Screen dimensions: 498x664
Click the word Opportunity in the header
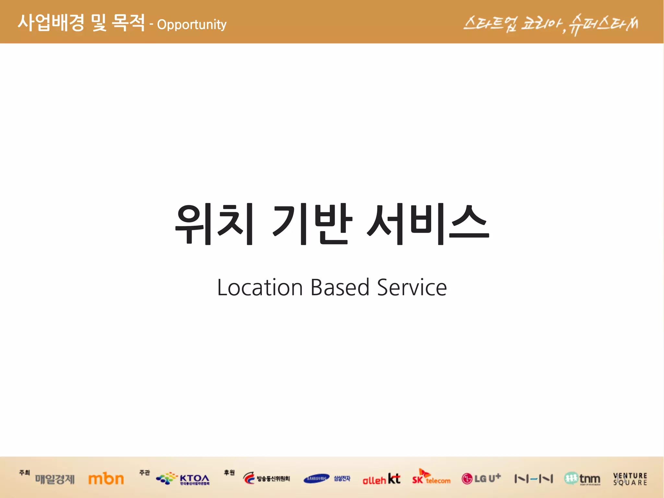click(192, 25)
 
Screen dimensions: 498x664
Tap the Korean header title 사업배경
click(51, 23)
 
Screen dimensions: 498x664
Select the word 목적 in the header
click(128, 23)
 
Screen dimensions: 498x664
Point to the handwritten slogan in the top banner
click(551, 24)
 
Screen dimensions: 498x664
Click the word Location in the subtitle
click(260, 288)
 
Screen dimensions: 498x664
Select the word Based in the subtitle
click(340, 288)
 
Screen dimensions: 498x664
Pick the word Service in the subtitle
click(412, 288)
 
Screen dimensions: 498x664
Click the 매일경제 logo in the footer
click(55, 479)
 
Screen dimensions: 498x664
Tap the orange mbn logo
click(106, 479)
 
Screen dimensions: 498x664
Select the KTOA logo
click(183, 479)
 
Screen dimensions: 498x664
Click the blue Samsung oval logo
click(316, 479)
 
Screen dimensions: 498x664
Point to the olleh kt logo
click(381, 479)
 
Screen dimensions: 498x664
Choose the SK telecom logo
click(431, 478)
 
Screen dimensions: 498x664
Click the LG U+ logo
click(481, 479)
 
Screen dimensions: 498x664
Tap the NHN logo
click(533, 479)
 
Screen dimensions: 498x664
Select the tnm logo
click(582, 479)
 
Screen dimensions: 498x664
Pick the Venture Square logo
click(630, 479)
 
